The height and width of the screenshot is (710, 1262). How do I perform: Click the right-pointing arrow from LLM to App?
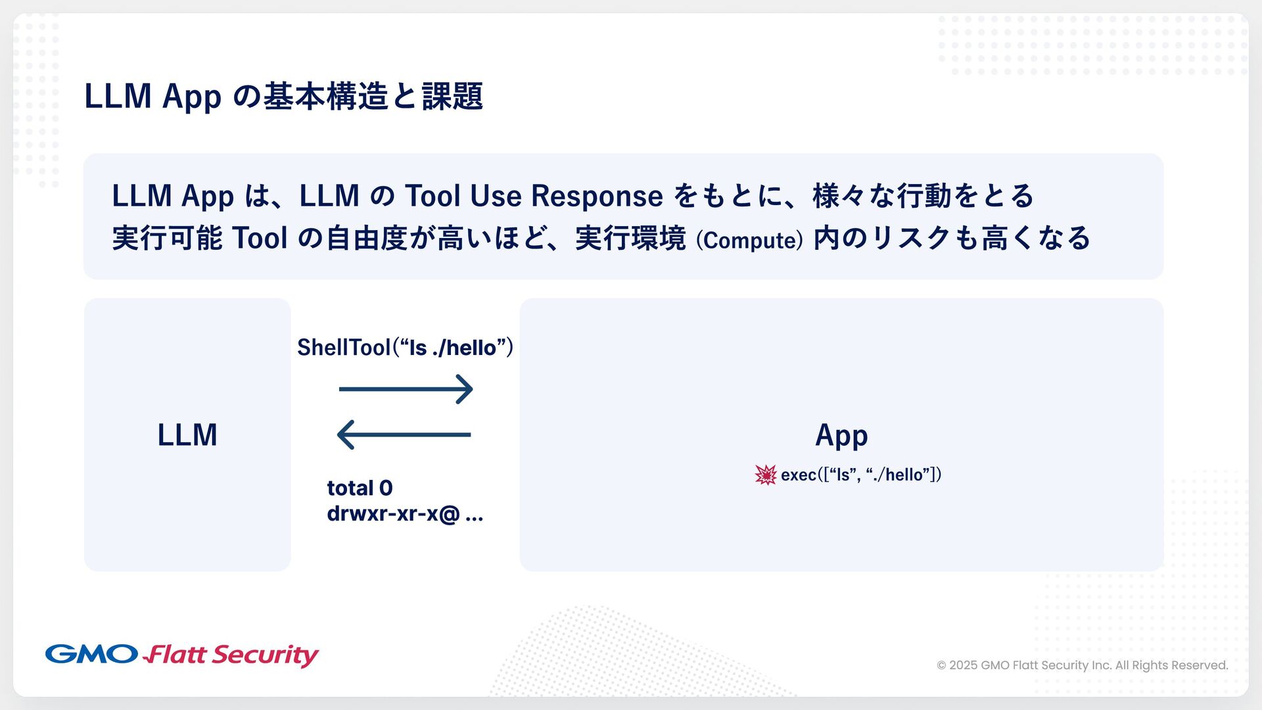coord(406,389)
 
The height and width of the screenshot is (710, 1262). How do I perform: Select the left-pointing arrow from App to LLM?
coord(404,435)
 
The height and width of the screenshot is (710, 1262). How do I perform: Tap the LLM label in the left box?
coord(187,435)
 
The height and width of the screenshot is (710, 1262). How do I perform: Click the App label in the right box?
coord(841,435)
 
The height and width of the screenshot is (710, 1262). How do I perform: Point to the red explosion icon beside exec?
coord(766,475)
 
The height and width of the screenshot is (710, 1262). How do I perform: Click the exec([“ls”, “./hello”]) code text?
coord(861,475)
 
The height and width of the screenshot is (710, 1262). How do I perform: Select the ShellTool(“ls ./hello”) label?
coord(405,347)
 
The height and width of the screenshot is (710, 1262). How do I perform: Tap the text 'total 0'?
coord(360,488)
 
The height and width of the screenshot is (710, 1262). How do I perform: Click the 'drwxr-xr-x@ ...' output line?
coord(405,513)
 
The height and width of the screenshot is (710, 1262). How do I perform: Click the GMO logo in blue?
coord(91,654)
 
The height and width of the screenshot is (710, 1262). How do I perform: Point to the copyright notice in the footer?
coord(1082,665)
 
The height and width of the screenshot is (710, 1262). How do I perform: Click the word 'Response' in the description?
coord(597,196)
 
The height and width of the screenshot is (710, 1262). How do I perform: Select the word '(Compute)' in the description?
coord(749,240)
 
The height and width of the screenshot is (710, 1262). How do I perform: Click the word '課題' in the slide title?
coord(452,96)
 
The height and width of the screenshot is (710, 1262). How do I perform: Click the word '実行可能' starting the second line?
coord(168,238)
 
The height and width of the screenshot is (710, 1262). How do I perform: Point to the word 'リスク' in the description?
coord(912,238)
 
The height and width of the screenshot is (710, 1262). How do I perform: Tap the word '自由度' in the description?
coord(367,238)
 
